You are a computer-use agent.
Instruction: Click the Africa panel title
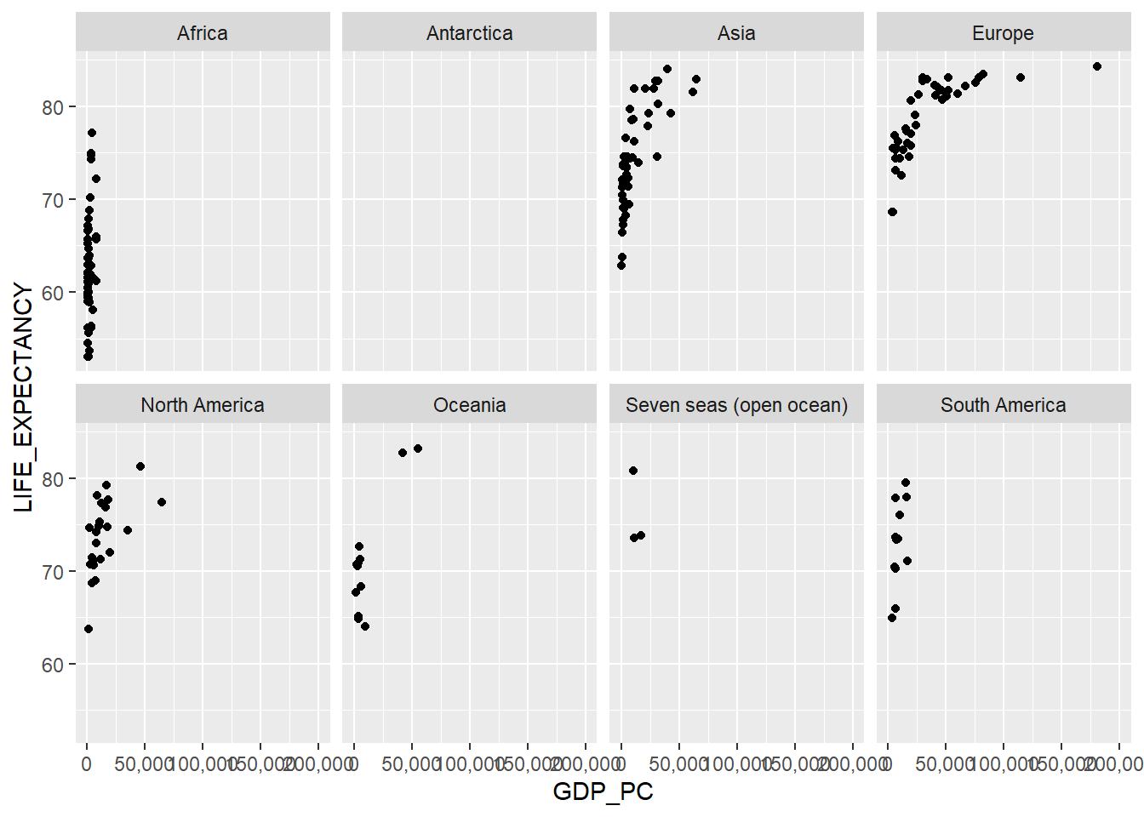[203, 33]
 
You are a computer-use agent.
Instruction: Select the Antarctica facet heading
[469, 33]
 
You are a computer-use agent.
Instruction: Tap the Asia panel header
[736, 33]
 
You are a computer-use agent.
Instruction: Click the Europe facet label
[1003, 33]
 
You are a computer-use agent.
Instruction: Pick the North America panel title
[203, 405]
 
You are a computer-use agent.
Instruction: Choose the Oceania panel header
[469, 405]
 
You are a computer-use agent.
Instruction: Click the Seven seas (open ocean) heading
[736, 405]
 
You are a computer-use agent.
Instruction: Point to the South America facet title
[1003, 405]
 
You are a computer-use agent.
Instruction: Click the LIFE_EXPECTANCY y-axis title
[24, 397]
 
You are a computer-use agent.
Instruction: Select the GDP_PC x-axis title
[603, 791]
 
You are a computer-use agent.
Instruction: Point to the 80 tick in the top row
[53, 107]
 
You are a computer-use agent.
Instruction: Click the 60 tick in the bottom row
[53, 665]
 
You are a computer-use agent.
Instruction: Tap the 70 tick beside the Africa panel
[53, 200]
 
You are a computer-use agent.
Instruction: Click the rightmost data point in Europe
[1097, 66]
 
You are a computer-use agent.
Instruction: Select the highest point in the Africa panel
[92, 133]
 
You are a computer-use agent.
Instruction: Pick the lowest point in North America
[89, 629]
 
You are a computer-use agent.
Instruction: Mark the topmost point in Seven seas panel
[633, 471]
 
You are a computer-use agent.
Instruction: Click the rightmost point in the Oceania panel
[418, 448]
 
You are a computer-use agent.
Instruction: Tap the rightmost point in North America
[162, 502]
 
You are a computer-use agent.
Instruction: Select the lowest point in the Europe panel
[892, 212]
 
